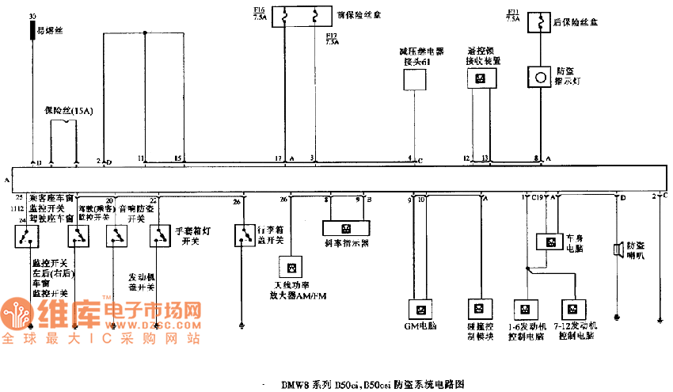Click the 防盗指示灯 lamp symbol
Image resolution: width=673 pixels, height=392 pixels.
pos(540,77)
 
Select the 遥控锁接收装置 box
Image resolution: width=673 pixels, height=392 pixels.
pos(479,78)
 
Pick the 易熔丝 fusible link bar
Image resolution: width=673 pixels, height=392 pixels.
pos(32,30)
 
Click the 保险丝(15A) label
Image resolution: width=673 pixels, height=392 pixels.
pos(68,111)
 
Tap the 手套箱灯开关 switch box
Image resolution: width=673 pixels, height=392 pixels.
pos(160,235)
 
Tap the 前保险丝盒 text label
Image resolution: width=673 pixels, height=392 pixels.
pos(354,14)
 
